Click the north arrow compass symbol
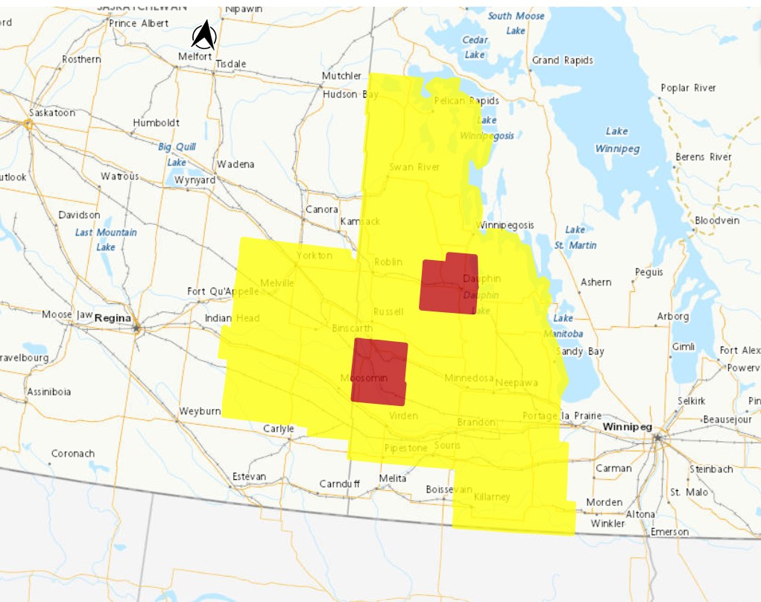[x=204, y=35]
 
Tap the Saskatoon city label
[x=52, y=113]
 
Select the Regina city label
[x=113, y=318]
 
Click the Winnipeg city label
[x=627, y=427]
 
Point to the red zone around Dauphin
[x=448, y=284]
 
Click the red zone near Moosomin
[x=379, y=371]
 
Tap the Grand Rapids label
[x=562, y=60]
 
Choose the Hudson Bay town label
[x=350, y=95]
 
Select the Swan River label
[x=414, y=167]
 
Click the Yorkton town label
[x=314, y=255]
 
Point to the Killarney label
[x=491, y=496]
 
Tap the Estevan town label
[x=249, y=476]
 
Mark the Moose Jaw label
[x=67, y=314]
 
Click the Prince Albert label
[x=139, y=23]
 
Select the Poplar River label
[x=688, y=88]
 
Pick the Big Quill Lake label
[x=177, y=154]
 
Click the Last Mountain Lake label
[x=106, y=239]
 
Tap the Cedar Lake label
[x=475, y=47]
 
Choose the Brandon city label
[x=476, y=422]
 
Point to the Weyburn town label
[x=200, y=411]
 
